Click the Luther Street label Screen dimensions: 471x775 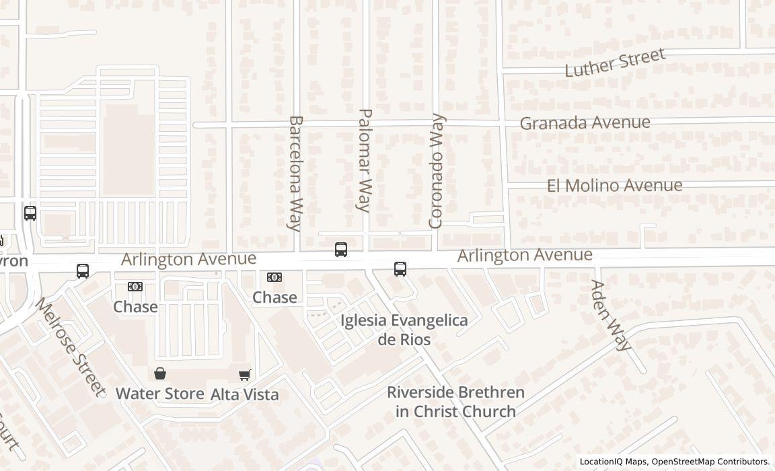tap(615, 63)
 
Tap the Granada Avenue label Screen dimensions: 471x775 tap(585, 123)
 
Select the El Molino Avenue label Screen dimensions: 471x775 tap(614, 185)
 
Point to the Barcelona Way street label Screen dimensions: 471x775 tap(295, 173)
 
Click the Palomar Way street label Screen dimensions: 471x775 tap(364, 160)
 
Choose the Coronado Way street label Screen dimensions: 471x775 tap(437, 171)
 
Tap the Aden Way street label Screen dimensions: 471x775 tap(611, 315)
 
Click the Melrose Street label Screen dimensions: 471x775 tap(71, 347)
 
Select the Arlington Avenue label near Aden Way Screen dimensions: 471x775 tap(525, 255)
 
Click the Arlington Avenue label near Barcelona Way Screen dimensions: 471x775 tap(188, 259)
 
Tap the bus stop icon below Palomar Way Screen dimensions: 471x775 tap(341, 250)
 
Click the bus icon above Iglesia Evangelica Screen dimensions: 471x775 tap(400, 269)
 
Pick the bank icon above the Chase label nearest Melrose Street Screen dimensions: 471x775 tap(135, 287)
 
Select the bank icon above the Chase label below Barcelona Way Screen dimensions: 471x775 tap(274, 277)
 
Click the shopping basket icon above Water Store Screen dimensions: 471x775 tap(160, 373)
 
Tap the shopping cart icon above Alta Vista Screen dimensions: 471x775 tap(244, 375)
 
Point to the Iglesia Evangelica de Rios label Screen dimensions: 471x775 tap(404, 330)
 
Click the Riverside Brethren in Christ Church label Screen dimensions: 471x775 tap(455, 402)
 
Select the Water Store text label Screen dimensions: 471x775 tap(160, 394)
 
